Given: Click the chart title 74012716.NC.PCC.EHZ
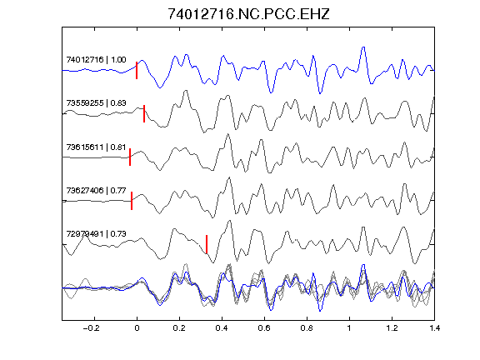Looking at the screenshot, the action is click(248, 14).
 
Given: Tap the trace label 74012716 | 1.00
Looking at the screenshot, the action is click(96, 59).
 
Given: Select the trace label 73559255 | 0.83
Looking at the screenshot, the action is click(96, 102).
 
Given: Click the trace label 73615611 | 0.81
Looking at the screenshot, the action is click(96, 147).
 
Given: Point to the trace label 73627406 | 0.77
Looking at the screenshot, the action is click(96, 190).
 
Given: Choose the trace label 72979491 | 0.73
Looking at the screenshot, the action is click(96, 234).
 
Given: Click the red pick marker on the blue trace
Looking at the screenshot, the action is click(137, 70).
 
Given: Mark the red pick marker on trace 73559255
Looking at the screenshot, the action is click(144, 113).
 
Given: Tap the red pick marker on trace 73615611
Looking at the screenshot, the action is click(130, 157).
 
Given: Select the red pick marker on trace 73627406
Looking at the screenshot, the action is click(132, 201).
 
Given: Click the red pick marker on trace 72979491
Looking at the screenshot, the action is click(207, 244).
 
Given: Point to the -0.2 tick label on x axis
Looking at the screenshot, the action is click(92, 328).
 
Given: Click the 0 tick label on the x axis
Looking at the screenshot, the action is click(137, 328).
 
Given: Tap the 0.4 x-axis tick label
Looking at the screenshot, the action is click(222, 328).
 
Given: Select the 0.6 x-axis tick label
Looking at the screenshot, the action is click(264, 328).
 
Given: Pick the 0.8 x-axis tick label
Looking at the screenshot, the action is click(307, 328).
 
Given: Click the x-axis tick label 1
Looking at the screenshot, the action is click(349, 328).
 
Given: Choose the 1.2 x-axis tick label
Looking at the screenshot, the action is click(392, 328).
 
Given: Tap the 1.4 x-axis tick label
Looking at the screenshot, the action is click(434, 328).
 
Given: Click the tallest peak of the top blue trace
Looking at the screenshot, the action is click(363, 47).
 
